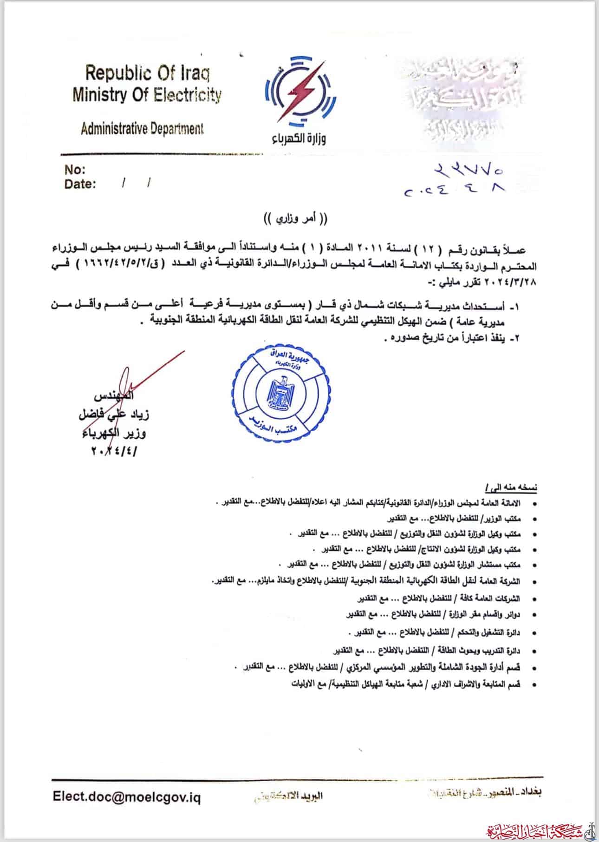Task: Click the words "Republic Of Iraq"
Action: coord(147,73)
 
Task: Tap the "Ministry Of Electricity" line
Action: coord(147,95)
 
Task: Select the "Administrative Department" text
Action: coord(142,129)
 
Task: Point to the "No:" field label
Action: coord(75,169)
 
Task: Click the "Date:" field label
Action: coord(80,184)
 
